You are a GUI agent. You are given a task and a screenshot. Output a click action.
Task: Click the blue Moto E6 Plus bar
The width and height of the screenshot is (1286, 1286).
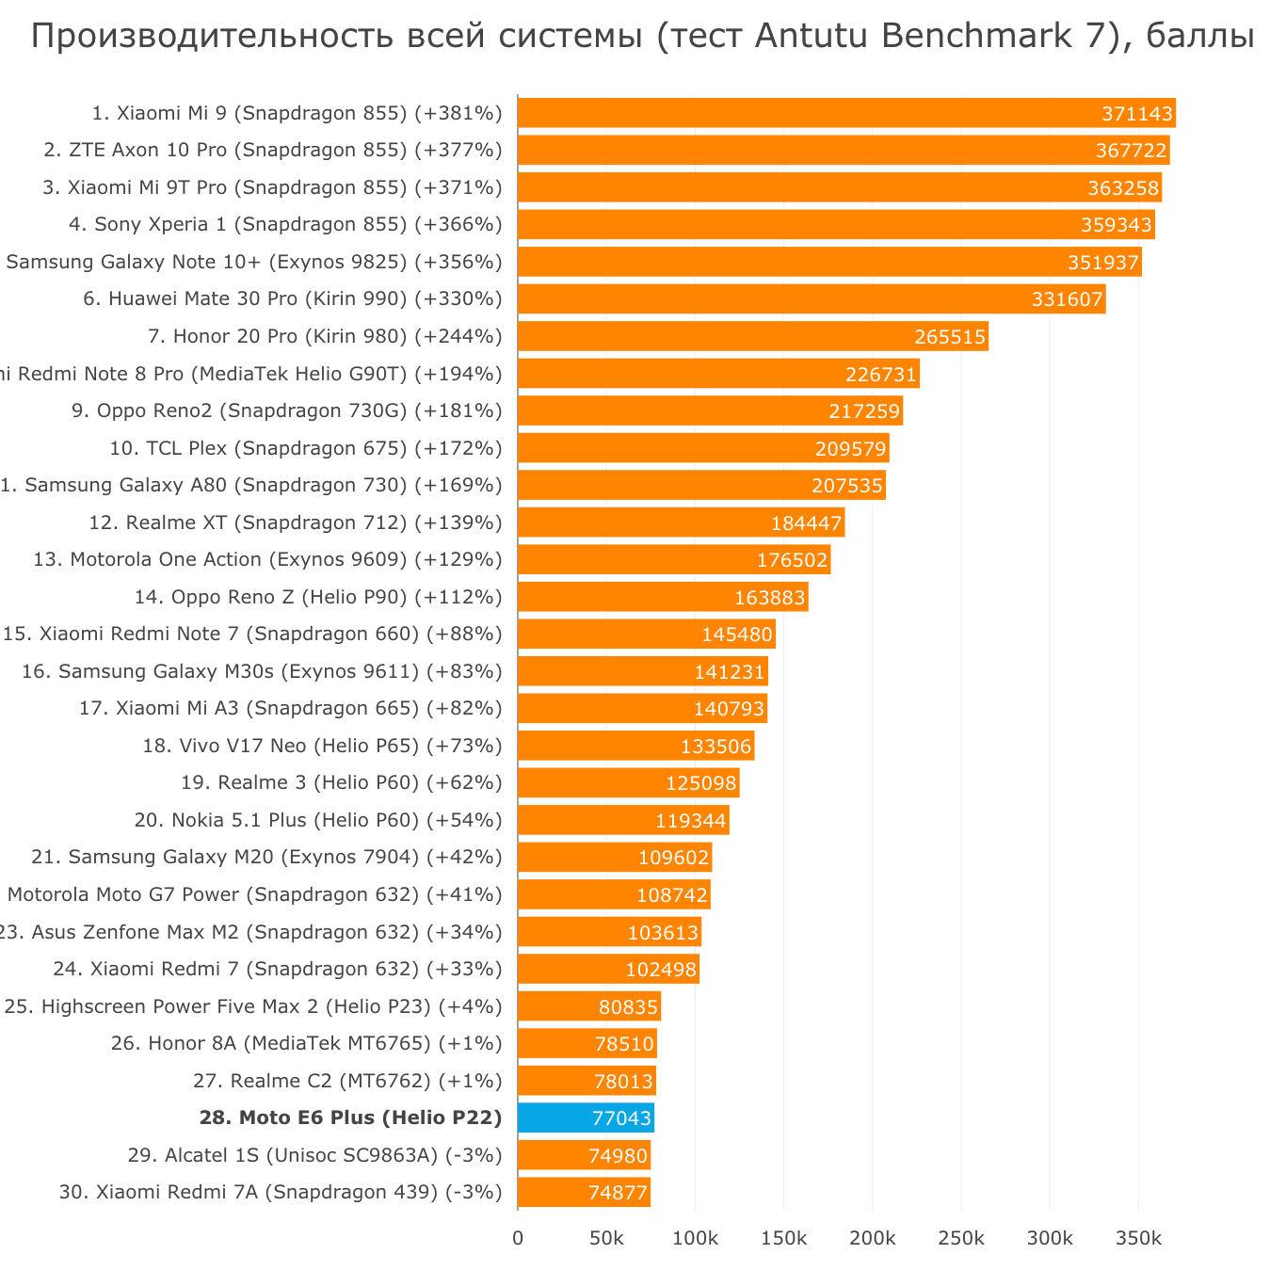(586, 1117)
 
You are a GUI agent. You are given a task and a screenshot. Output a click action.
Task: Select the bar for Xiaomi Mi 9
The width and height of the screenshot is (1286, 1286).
(846, 113)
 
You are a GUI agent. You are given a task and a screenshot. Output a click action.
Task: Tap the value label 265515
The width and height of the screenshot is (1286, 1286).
(950, 337)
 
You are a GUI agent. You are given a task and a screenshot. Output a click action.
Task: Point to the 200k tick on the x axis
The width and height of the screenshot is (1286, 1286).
(872, 1238)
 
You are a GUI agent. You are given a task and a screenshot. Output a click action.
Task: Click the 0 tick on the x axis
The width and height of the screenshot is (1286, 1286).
(518, 1238)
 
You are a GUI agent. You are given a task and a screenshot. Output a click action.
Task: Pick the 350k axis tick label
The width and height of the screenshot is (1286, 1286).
(1137, 1238)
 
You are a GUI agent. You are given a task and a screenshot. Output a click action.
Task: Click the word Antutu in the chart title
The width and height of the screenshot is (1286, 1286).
(812, 36)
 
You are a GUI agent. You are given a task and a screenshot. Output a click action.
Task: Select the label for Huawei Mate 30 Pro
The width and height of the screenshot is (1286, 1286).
(293, 299)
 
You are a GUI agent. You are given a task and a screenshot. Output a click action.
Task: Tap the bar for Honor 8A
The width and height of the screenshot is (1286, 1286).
(587, 1043)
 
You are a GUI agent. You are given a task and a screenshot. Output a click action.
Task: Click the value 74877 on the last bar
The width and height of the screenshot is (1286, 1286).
(618, 1193)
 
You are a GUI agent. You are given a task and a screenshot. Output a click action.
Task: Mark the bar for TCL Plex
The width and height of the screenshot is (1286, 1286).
(702, 448)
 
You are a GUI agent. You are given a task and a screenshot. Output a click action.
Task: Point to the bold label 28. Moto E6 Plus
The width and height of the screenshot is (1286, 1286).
(350, 1117)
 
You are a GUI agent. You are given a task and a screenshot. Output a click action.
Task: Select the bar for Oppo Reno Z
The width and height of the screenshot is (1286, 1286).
(663, 597)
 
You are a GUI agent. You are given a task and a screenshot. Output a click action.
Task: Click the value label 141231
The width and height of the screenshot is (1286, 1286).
(730, 671)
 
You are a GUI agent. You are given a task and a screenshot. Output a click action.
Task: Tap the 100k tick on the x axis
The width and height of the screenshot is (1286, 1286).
(695, 1238)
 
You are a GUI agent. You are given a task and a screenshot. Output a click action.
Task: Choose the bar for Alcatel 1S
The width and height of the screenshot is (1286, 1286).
(584, 1155)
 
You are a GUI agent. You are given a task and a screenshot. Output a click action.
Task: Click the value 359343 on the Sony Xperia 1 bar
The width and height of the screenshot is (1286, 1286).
(1117, 225)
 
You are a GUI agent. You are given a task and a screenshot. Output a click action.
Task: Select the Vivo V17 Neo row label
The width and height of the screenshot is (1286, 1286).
(322, 746)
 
